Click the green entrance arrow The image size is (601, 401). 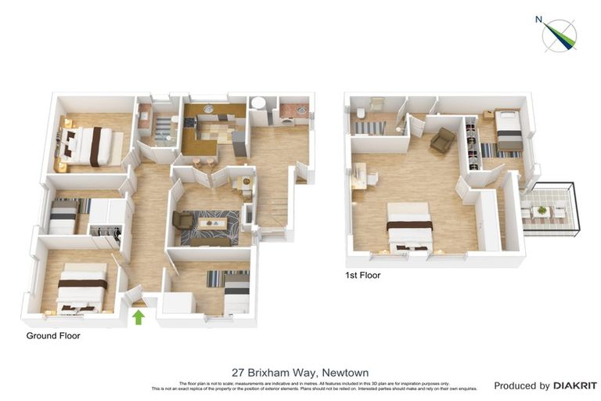pyautogui.click(x=139, y=316)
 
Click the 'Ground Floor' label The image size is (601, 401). pyautogui.click(x=53, y=336)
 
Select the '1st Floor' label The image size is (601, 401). pyautogui.click(x=363, y=276)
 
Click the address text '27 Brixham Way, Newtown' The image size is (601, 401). pyautogui.click(x=300, y=373)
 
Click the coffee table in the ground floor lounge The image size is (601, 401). pyautogui.click(x=211, y=224)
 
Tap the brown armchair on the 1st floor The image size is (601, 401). pyautogui.click(x=441, y=140)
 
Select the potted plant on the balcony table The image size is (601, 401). pyautogui.click(x=542, y=210)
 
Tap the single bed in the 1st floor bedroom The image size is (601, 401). pyautogui.click(x=509, y=130)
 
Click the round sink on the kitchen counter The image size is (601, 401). pyautogui.click(x=208, y=109)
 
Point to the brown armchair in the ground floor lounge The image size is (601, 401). pyautogui.click(x=183, y=221)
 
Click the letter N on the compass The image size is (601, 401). pyautogui.click(x=538, y=20)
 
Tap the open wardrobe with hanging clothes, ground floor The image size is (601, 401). pyautogui.click(x=106, y=233)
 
